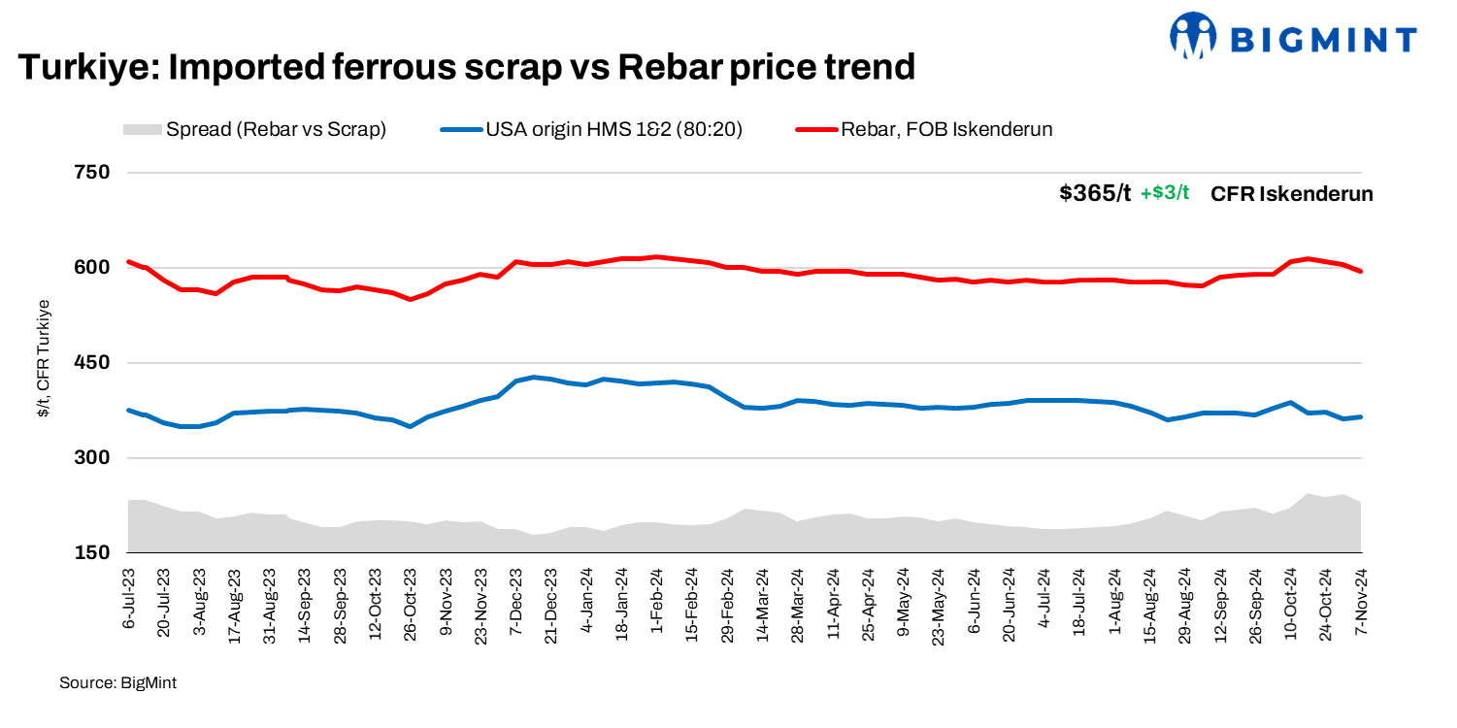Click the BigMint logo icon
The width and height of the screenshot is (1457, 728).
1193,37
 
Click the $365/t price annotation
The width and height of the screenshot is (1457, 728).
1095,193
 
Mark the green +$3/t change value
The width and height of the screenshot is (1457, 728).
1165,193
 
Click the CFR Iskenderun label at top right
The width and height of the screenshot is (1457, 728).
1291,194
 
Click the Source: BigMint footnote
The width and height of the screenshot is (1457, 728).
117,683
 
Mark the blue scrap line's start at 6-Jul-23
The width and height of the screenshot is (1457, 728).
129,410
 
